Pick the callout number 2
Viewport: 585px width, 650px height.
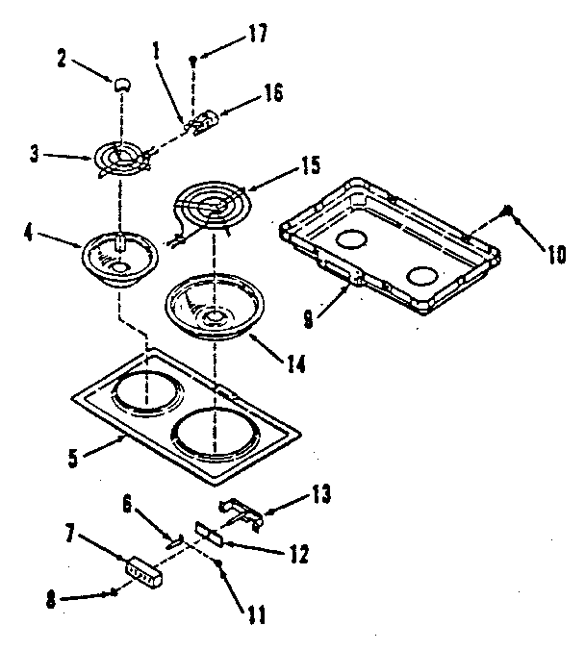61,59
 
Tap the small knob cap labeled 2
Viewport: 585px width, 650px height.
122,85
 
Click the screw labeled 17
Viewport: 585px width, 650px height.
195,60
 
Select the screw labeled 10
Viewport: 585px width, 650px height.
510,211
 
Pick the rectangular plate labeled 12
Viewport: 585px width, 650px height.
209,533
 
